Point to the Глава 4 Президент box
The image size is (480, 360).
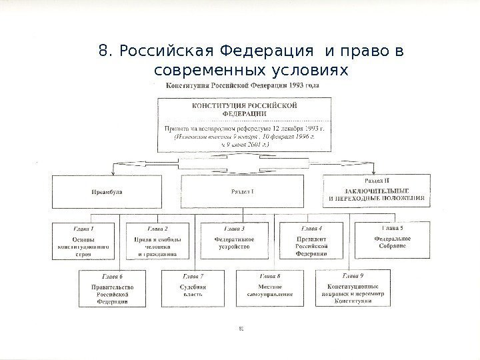coord(311,240)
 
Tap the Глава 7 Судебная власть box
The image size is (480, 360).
coord(192,287)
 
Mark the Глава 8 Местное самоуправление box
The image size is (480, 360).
coord(269,287)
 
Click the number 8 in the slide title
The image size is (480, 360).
coord(102,52)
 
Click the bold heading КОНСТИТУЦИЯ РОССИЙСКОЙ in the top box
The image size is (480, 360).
coord(245,106)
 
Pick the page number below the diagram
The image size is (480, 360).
coord(241,328)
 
